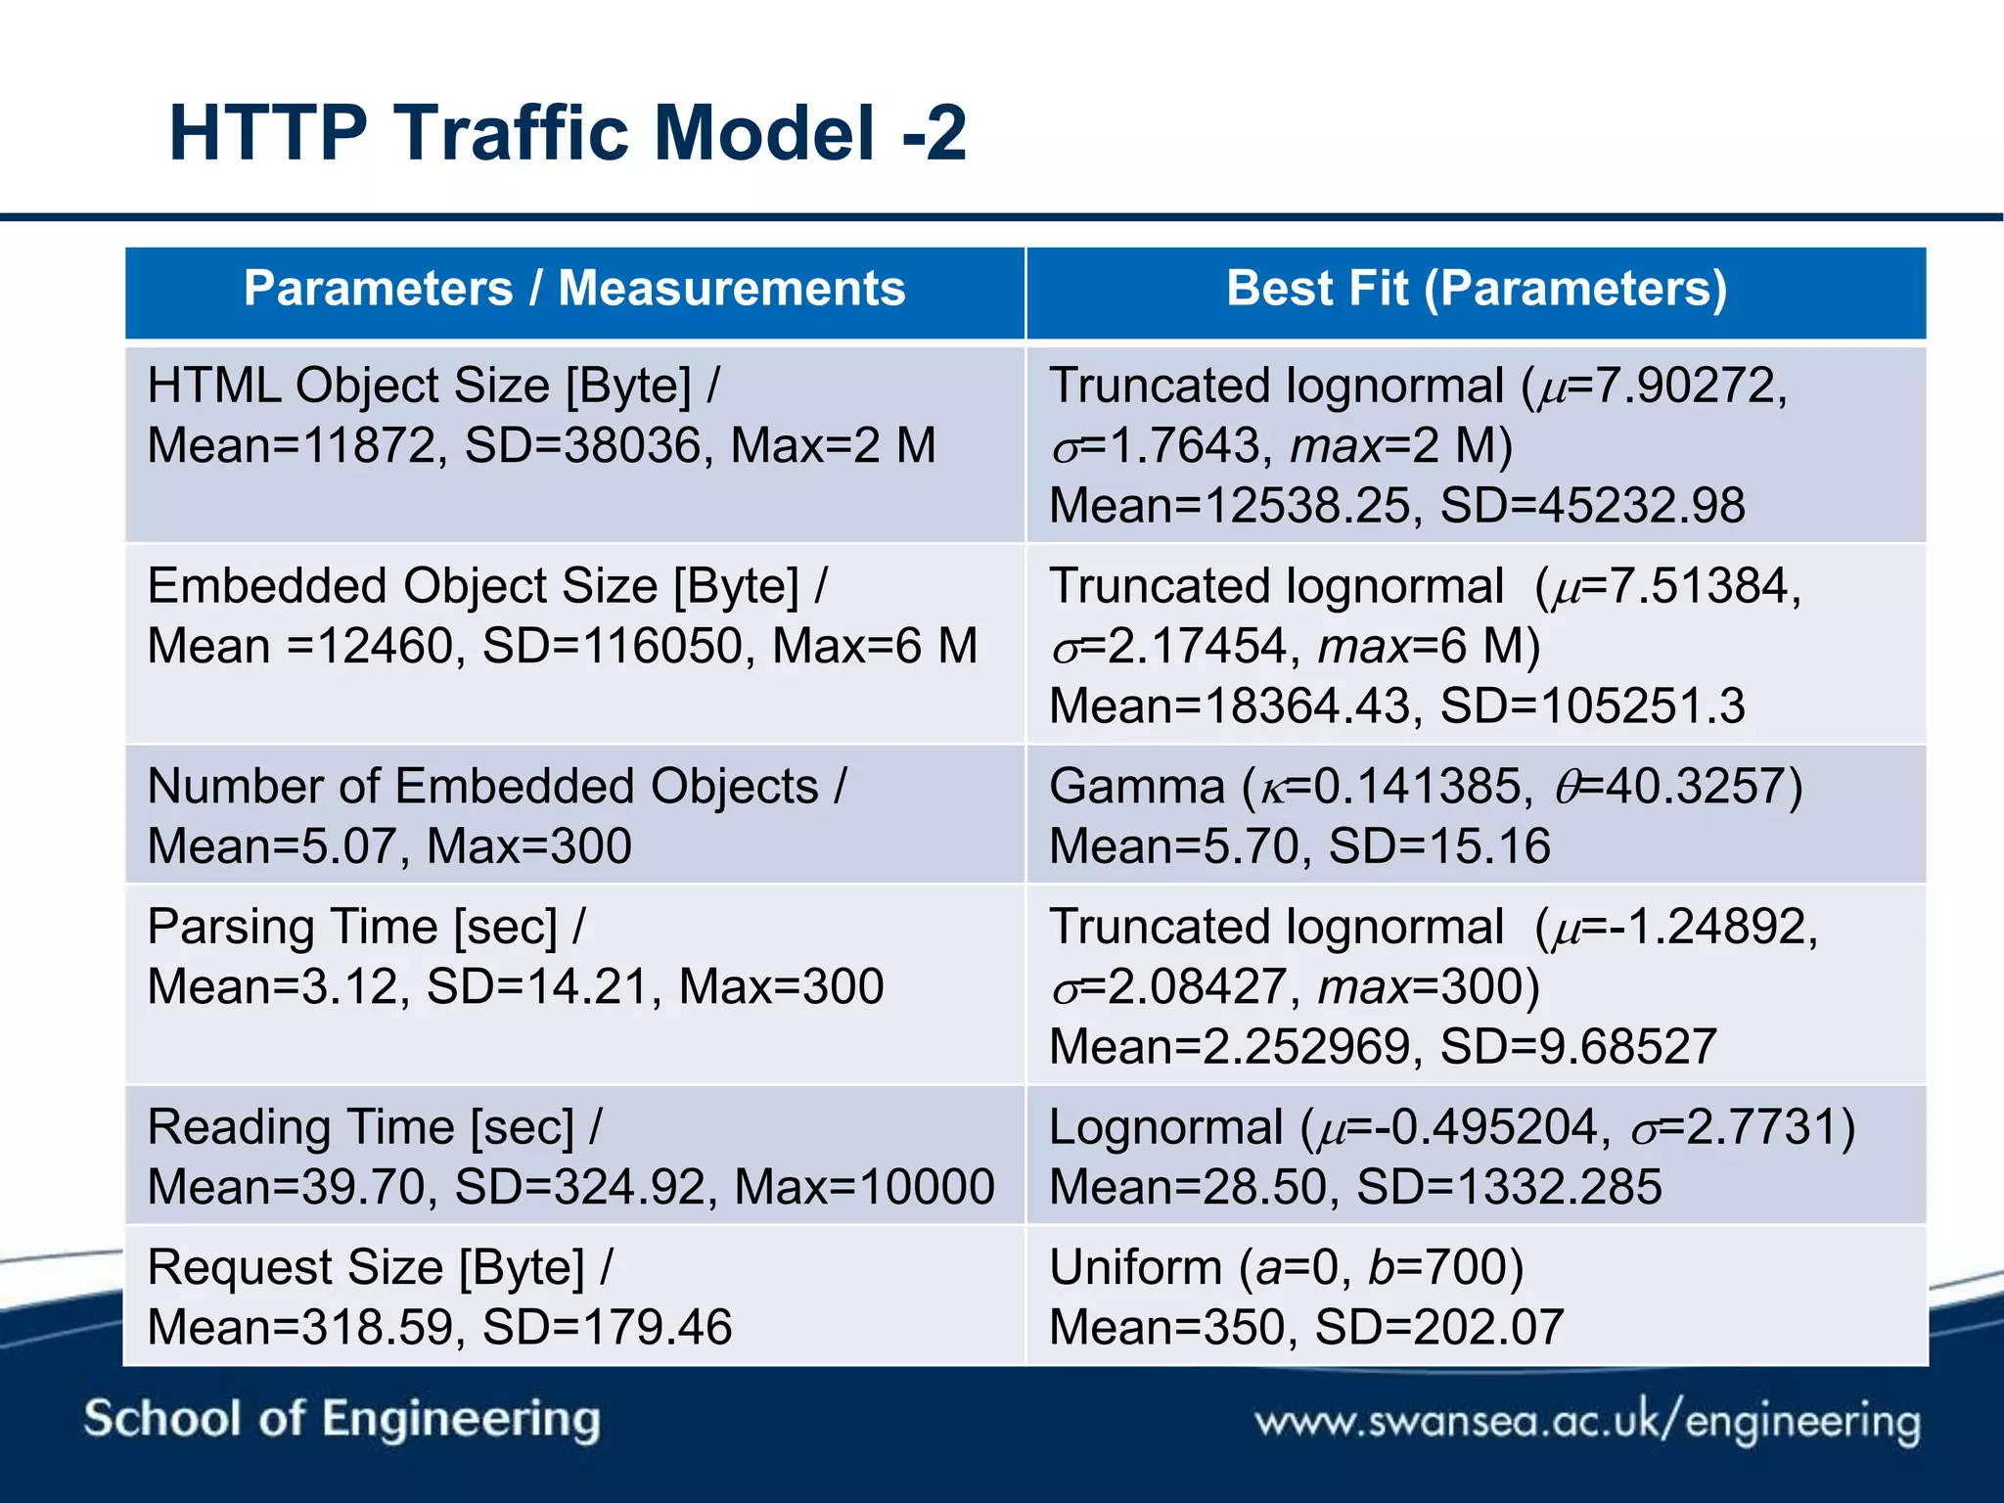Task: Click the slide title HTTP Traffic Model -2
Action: (x=568, y=133)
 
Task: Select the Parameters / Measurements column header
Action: (x=574, y=289)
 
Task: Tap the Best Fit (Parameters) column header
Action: (x=1477, y=289)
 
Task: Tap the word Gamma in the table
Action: (x=1136, y=787)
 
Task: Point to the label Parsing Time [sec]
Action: (x=352, y=927)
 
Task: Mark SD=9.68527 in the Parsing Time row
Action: (x=1578, y=1047)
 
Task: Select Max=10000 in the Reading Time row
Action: (x=864, y=1188)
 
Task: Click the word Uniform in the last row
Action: (x=1135, y=1268)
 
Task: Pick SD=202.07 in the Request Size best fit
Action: (x=1438, y=1329)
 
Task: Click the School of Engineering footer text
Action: (x=342, y=1419)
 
